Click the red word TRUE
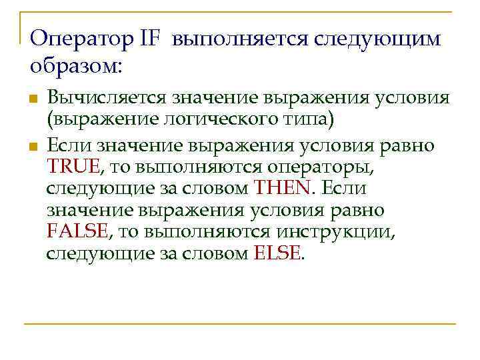tap(73, 166)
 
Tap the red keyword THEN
tap(282, 188)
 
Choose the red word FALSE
tap(77, 231)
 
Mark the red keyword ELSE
tap(278, 254)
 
